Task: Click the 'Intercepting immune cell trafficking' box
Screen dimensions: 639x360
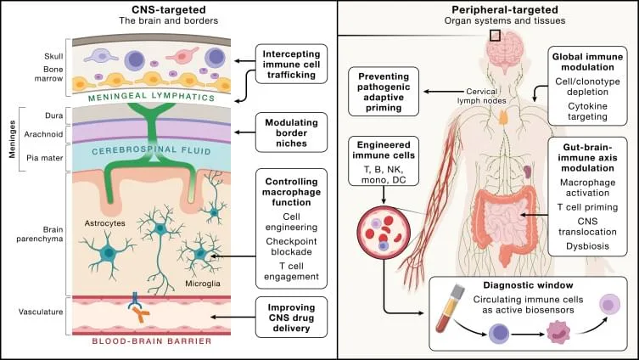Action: (291, 64)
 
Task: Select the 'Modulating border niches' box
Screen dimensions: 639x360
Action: (291, 132)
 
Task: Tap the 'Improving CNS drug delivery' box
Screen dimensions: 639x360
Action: (291, 318)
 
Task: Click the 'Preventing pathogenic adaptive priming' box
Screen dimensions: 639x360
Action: (384, 92)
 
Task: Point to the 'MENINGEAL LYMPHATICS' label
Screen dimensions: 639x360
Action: (151, 97)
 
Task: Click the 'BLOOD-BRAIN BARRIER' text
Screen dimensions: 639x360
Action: (152, 340)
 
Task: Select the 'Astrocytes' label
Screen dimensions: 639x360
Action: (104, 223)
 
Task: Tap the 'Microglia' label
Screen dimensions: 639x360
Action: (203, 284)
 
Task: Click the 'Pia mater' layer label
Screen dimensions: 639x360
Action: (45, 158)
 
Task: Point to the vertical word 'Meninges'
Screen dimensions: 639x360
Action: (12, 138)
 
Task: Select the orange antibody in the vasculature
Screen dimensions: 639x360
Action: (141, 315)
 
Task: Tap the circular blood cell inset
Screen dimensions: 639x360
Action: (384, 232)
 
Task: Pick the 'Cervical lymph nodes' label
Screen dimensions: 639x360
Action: (481, 96)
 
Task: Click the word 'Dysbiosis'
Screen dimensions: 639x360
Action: (587, 246)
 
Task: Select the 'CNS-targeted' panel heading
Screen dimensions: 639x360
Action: (168, 10)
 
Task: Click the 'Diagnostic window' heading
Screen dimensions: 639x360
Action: (528, 285)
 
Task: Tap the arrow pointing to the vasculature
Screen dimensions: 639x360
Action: (233, 318)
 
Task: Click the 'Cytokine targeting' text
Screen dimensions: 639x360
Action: (587, 111)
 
